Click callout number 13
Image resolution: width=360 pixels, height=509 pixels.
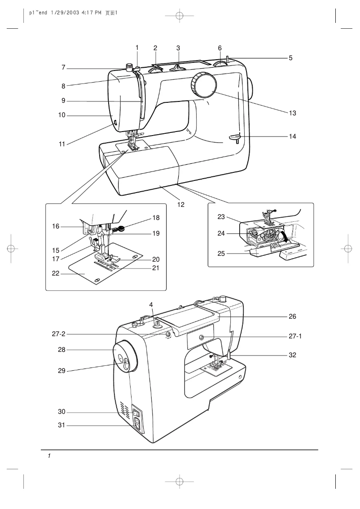[x=293, y=114]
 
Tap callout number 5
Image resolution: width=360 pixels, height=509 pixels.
[x=290, y=58]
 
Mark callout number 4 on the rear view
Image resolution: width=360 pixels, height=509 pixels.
[x=151, y=304]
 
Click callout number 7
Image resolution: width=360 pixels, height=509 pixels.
[x=64, y=68]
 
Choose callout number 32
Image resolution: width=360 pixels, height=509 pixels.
[x=292, y=355]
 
